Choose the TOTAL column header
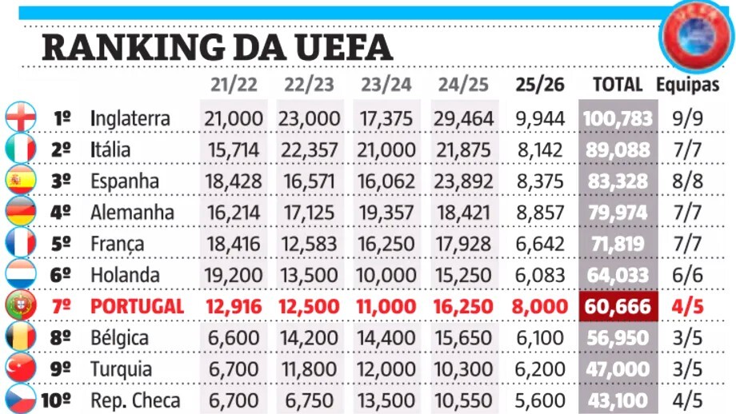(x=617, y=84)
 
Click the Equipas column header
(x=688, y=84)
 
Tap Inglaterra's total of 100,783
(x=617, y=118)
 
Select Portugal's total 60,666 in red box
(x=617, y=306)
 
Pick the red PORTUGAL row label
(x=138, y=306)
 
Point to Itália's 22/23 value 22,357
(x=309, y=149)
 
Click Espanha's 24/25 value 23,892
(x=464, y=181)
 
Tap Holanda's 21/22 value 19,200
(x=234, y=275)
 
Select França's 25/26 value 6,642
(x=541, y=244)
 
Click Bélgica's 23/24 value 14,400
(x=386, y=337)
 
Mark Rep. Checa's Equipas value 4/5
(x=688, y=400)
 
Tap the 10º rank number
(x=56, y=400)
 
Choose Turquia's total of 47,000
(x=617, y=368)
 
